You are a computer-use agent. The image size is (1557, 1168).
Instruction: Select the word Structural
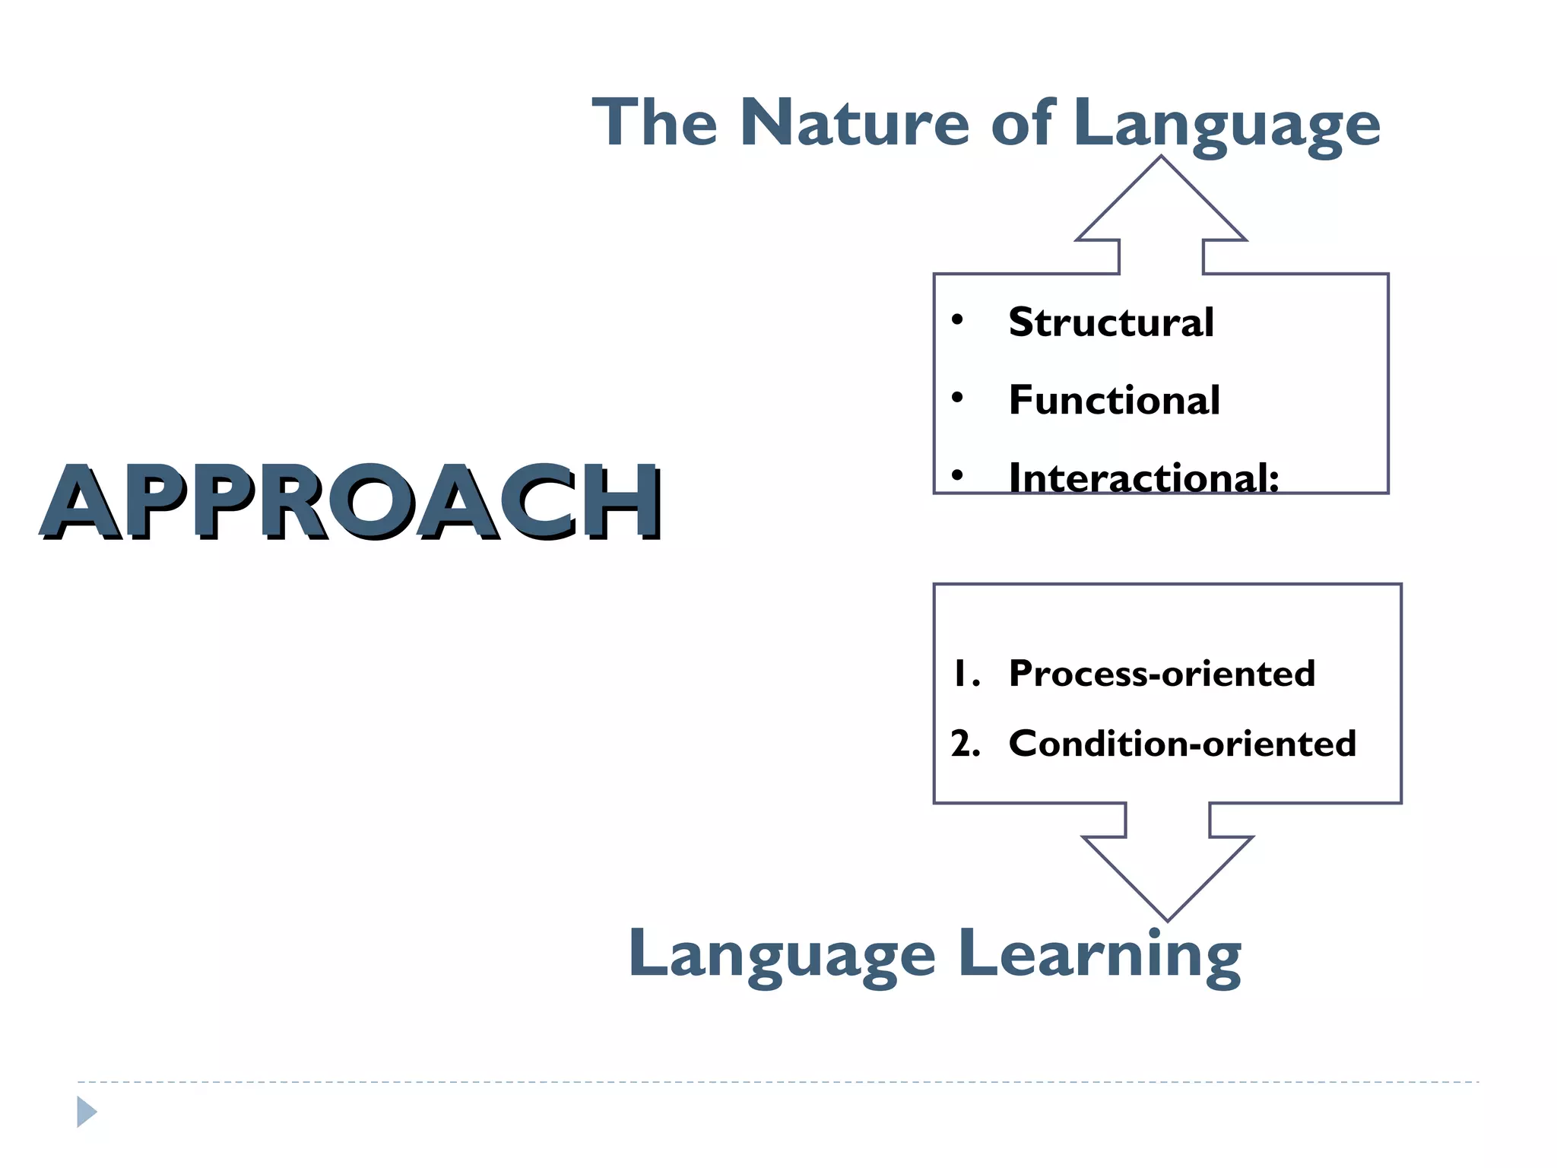tap(1111, 322)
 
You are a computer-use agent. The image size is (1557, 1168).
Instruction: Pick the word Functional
tap(1114, 400)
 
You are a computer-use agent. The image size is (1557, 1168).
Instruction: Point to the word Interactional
tap(1143, 478)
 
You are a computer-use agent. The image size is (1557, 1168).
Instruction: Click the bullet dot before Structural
tap(958, 319)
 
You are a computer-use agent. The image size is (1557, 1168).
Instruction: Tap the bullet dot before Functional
tap(958, 397)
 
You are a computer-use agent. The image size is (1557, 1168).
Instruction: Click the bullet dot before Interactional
tap(958, 476)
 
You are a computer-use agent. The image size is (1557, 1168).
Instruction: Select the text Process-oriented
tap(1162, 674)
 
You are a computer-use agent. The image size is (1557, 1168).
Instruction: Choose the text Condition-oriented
tap(1182, 744)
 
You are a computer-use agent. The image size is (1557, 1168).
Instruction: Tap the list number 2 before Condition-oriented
tap(964, 744)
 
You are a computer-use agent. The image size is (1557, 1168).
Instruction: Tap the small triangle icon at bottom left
tap(86, 1112)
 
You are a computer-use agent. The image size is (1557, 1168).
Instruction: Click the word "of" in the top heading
tap(1022, 123)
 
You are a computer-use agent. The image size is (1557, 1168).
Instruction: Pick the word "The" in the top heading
tap(655, 123)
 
